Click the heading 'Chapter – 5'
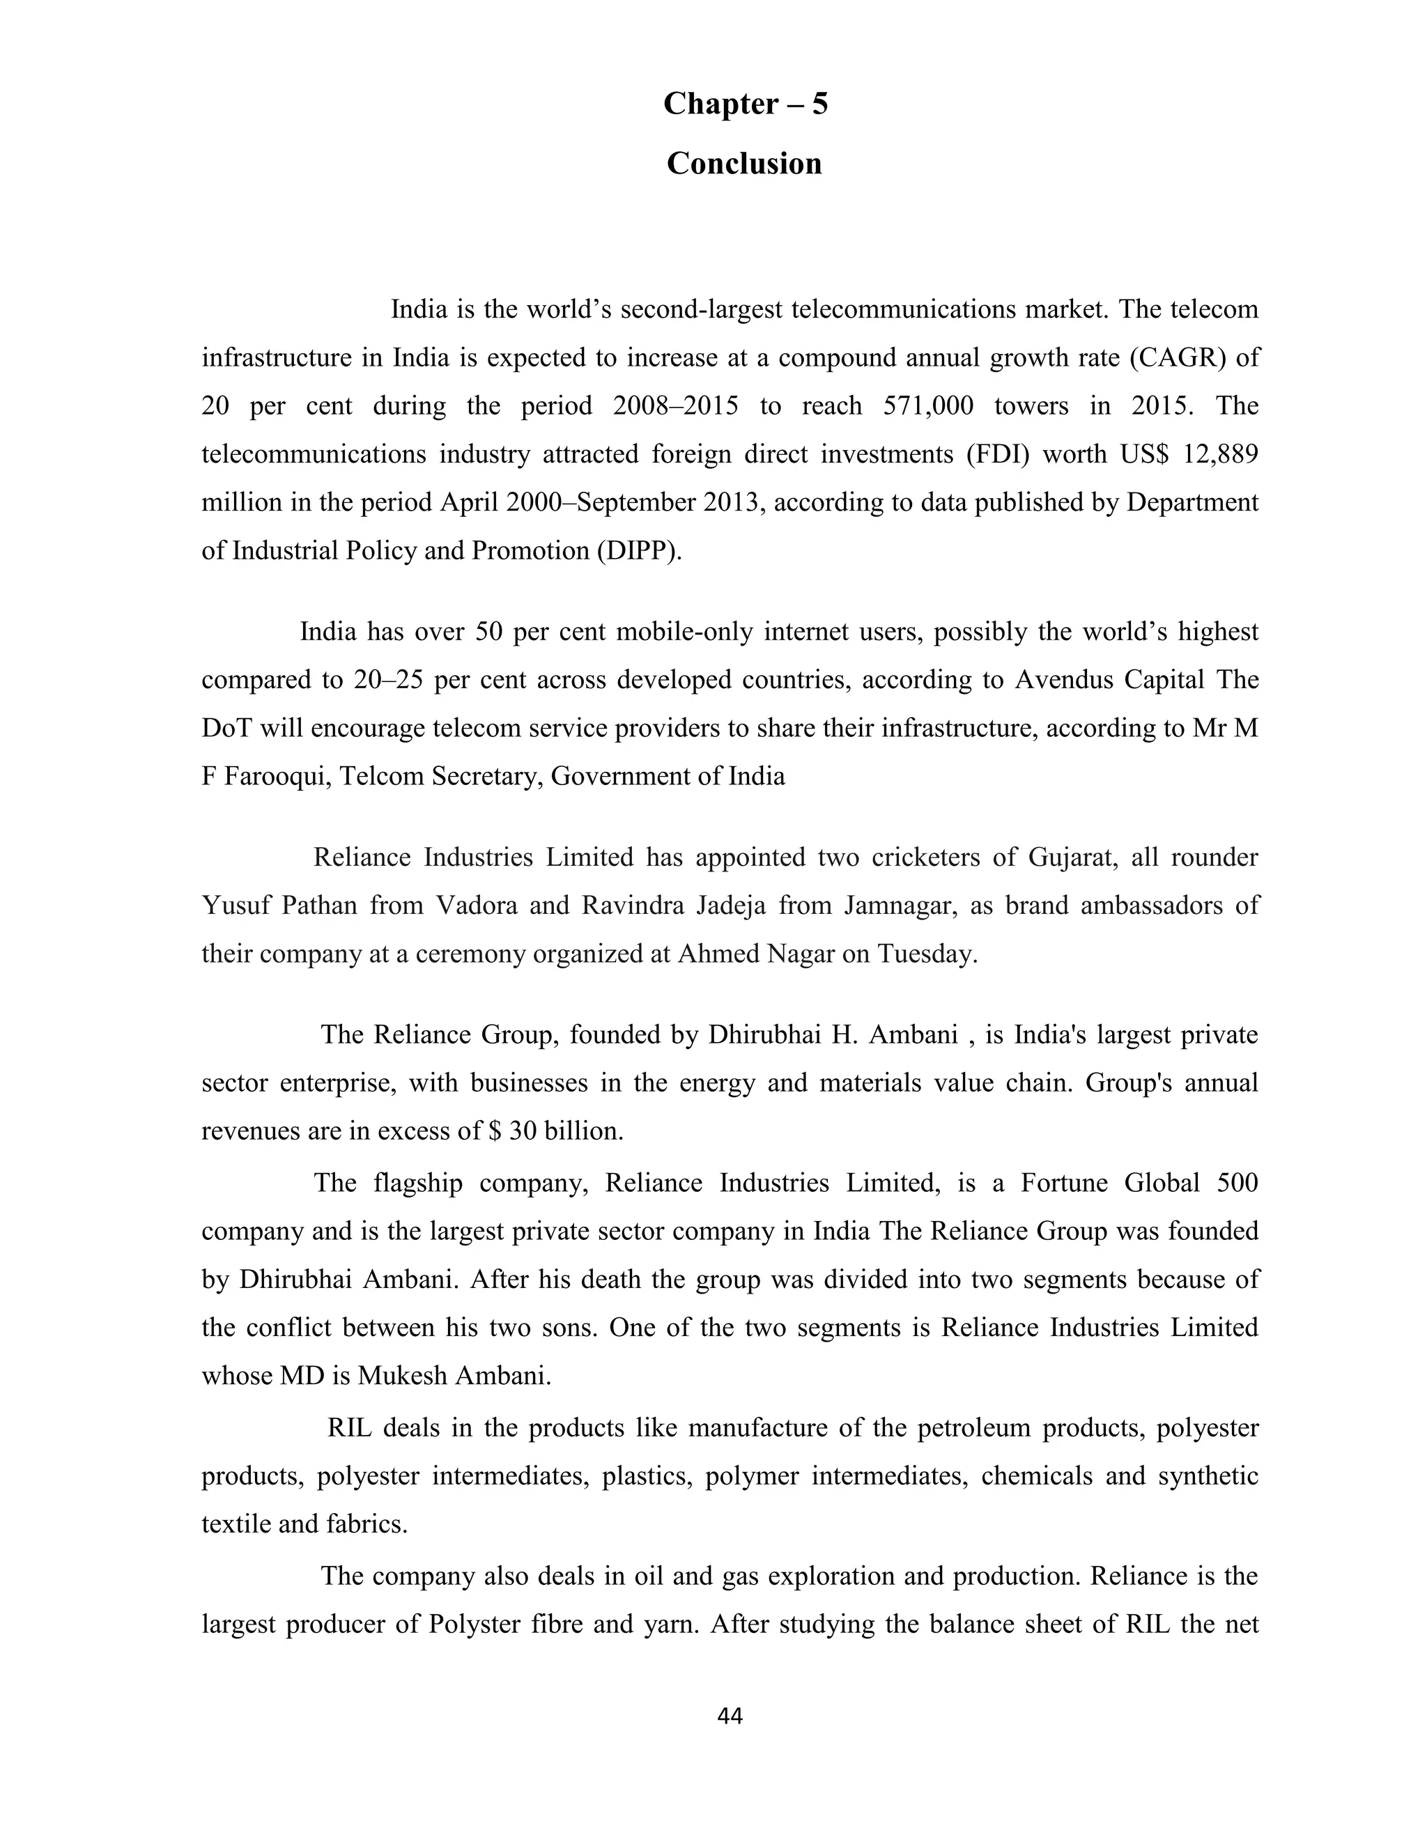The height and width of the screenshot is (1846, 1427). (745, 104)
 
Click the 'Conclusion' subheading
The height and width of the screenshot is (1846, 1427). (744, 163)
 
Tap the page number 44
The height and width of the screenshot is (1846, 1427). (730, 1716)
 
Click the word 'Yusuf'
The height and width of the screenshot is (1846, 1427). (234, 906)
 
